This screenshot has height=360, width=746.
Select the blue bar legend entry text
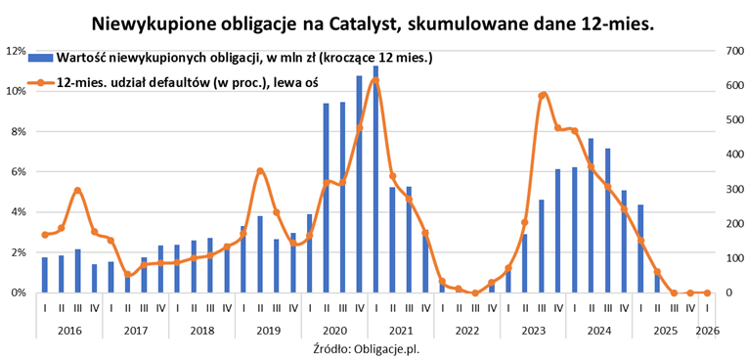click(244, 59)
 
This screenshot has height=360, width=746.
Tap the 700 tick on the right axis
click(727, 50)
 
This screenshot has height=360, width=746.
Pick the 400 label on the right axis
click(727, 154)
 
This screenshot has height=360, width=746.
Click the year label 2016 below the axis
click(68, 331)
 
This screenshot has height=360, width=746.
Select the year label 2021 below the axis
click(400, 331)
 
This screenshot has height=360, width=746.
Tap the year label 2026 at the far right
click(707, 331)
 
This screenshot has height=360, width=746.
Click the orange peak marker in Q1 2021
click(375, 81)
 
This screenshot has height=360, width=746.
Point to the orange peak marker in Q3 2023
click(542, 95)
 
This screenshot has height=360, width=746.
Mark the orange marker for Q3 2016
click(77, 190)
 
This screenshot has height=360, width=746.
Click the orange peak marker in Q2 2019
click(260, 171)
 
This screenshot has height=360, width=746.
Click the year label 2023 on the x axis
click(533, 331)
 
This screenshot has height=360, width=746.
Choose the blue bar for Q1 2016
click(44, 275)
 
